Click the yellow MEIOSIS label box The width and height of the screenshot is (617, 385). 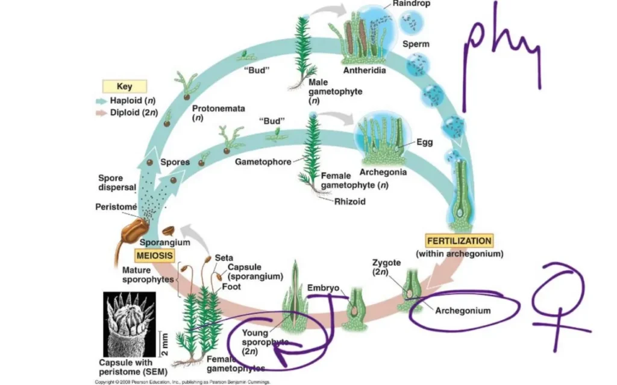point(154,256)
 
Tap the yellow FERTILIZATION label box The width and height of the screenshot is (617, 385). point(459,240)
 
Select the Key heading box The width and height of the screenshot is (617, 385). point(125,86)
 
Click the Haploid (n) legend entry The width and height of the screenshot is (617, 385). point(125,100)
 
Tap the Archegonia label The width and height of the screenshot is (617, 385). point(383,171)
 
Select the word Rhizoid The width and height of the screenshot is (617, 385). point(349,202)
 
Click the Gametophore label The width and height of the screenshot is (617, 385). point(263,162)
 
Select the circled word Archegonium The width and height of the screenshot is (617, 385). point(462,311)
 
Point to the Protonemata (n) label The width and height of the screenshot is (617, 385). point(210,113)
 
